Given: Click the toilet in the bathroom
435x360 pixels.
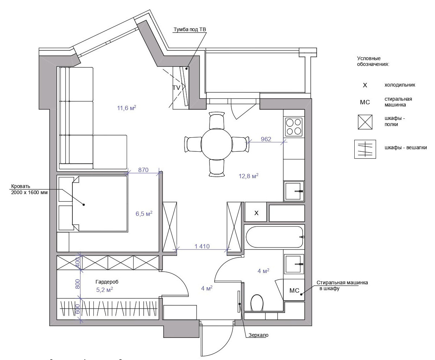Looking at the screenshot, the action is pyautogui.click(x=257, y=303).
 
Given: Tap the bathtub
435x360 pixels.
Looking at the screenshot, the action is pyautogui.click(x=274, y=237).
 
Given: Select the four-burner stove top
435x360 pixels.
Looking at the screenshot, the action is pyautogui.click(x=294, y=127).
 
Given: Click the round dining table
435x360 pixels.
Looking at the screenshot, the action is pyautogui.click(x=217, y=144).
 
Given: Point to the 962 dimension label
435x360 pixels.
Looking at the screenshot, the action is pyautogui.click(x=266, y=139).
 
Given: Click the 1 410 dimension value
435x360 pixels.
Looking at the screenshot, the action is pyautogui.click(x=202, y=246).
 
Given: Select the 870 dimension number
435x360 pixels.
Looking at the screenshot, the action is pyautogui.click(x=143, y=170).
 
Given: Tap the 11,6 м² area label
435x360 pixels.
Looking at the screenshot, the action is pyautogui.click(x=127, y=108).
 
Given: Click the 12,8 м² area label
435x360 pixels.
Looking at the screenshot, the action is pyautogui.click(x=249, y=176).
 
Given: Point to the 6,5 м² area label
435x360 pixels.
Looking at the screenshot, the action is pyautogui.click(x=144, y=214).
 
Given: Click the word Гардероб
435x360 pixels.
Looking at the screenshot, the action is pyautogui.click(x=107, y=282).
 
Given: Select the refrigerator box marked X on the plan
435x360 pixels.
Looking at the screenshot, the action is pyautogui.click(x=255, y=212).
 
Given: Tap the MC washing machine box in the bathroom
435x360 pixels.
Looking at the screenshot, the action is pyautogui.click(x=294, y=289).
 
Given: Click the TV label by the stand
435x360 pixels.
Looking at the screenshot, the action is pyautogui.click(x=176, y=88).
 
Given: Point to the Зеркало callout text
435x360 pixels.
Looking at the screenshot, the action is pyautogui.click(x=258, y=335).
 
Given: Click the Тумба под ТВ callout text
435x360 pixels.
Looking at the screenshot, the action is pyautogui.click(x=190, y=29).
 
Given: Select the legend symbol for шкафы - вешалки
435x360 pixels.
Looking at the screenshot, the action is pyautogui.click(x=365, y=149).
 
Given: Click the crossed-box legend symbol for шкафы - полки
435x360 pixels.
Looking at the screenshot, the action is pyautogui.click(x=365, y=122).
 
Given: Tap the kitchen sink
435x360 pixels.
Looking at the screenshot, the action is pyautogui.click(x=294, y=191).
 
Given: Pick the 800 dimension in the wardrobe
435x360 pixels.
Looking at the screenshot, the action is pyautogui.click(x=77, y=284).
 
